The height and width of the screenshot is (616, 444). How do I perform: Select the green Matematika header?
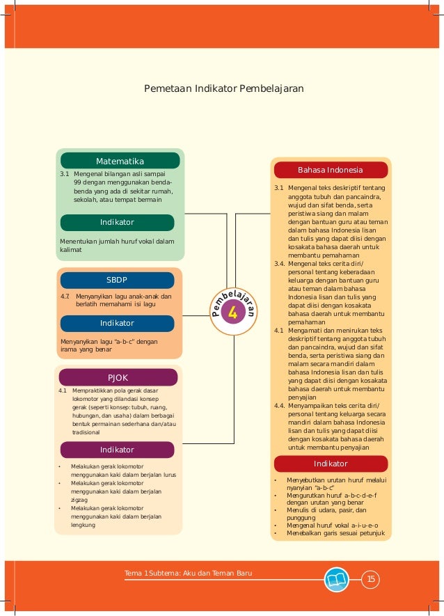pyautogui.click(x=120, y=160)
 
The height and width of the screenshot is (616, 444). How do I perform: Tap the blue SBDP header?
pyautogui.click(x=116, y=280)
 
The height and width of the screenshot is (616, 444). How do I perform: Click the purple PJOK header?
pyautogui.click(x=118, y=377)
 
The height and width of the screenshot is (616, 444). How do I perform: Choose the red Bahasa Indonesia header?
pyautogui.click(x=330, y=170)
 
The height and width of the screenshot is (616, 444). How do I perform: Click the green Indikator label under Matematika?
pyautogui.click(x=116, y=222)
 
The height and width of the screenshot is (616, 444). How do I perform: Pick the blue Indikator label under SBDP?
pyautogui.click(x=116, y=324)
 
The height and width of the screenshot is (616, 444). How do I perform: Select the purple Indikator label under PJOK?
pyautogui.click(x=116, y=450)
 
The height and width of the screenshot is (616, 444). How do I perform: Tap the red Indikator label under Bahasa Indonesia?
pyautogui.click(x=330, y=464)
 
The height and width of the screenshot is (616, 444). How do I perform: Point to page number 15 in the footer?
pyautogui.click(x=371, y=579)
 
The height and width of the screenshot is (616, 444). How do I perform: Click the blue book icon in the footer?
pyautogui.click(x=338, y=579)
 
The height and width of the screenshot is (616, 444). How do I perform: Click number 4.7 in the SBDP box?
pyautogui.click(x=65, y=295)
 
